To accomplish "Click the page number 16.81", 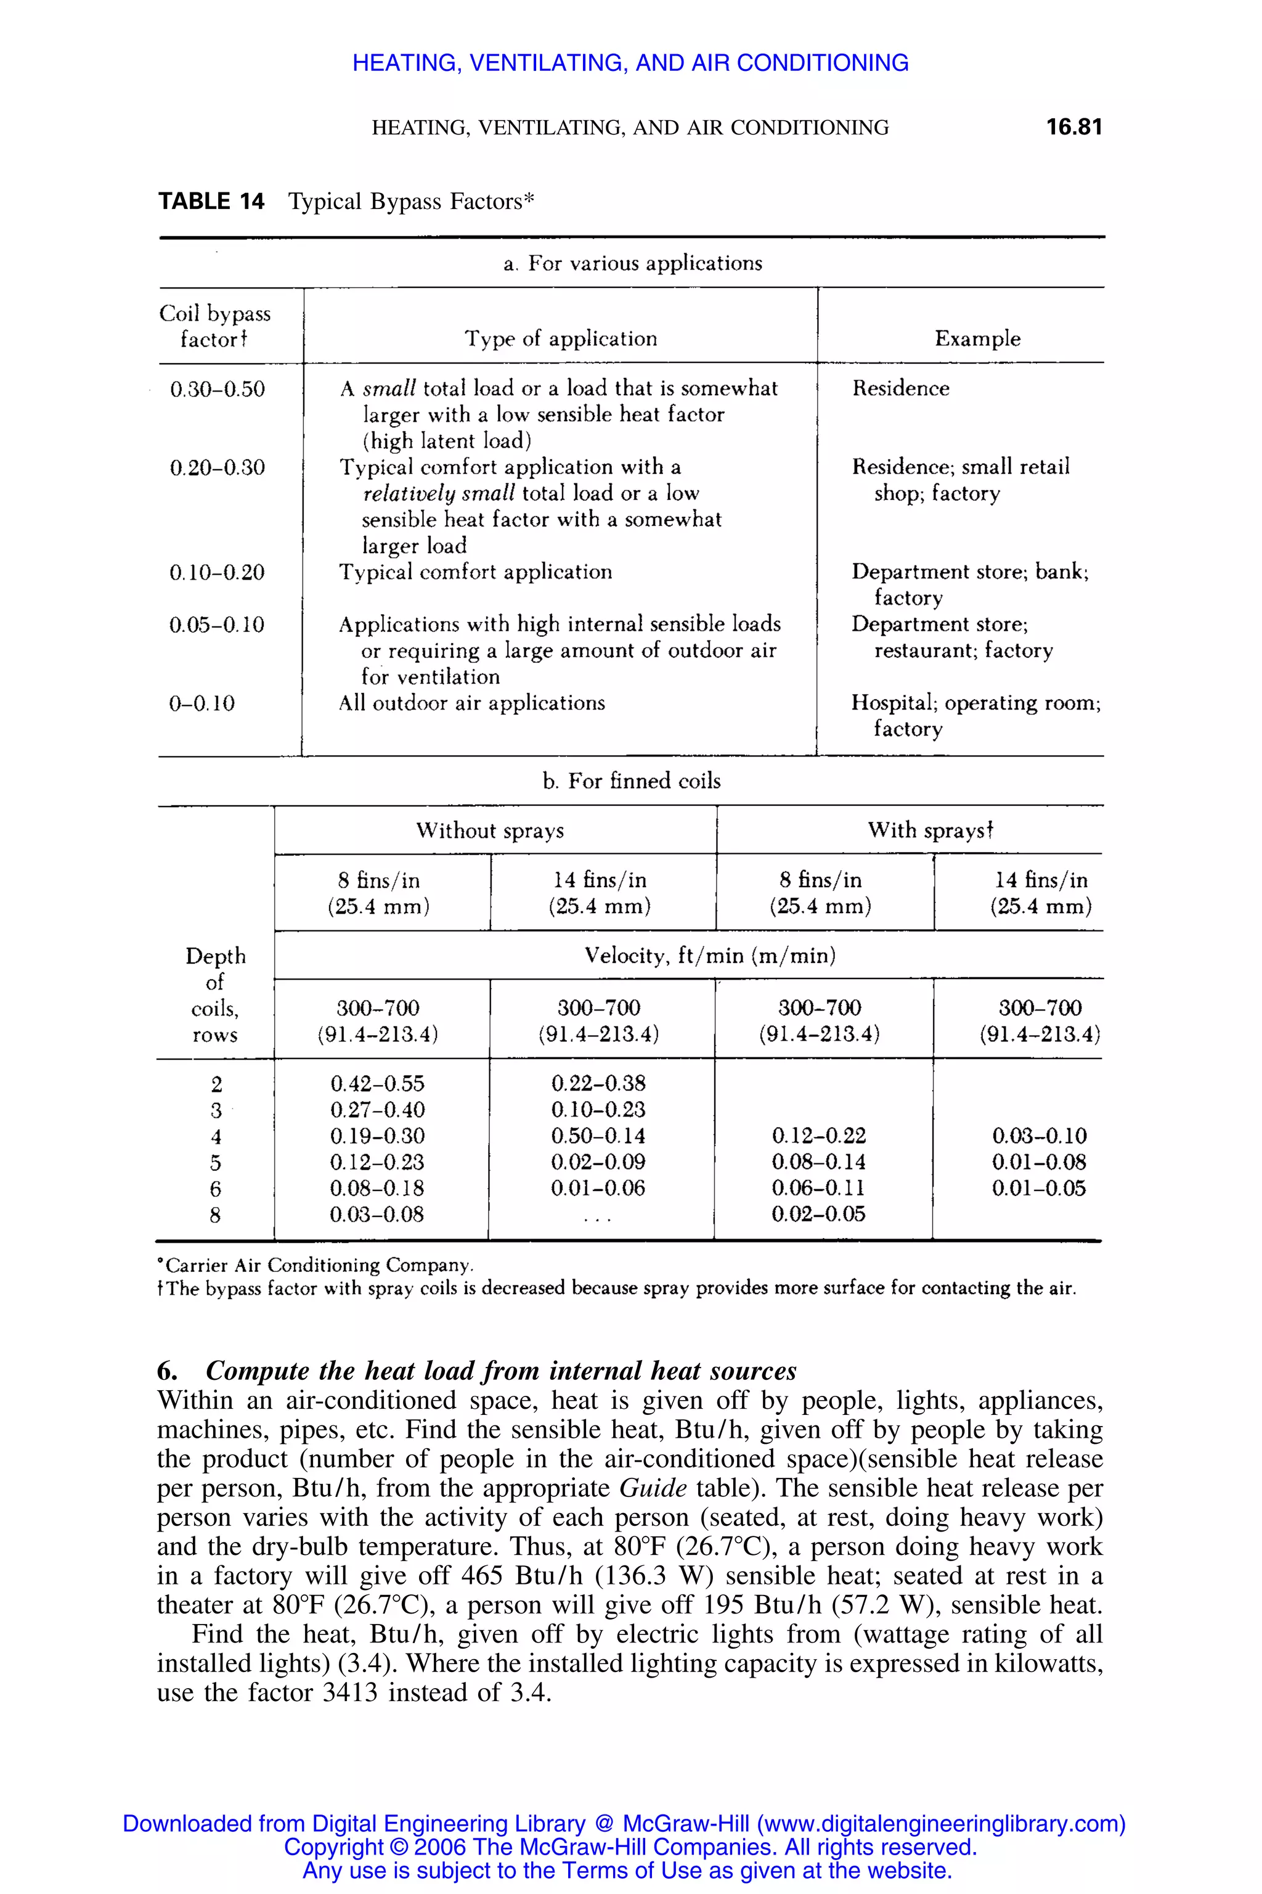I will point(1073,127).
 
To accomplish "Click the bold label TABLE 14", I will point(211,202).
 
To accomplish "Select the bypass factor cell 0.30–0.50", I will point(218,390).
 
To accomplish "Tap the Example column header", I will point(977,338).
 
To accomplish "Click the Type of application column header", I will point(561,338).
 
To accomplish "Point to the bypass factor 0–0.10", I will point(202,704).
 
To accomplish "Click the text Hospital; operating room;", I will point(975,703).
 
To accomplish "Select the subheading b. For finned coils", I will point(631,781).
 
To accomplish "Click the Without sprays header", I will point(489,830).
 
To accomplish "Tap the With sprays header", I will point(930,830).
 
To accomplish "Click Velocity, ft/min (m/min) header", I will point(710,956).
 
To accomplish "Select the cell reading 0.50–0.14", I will point(598,1136).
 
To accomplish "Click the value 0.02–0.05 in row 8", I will point(818,1215).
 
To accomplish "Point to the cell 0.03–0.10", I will point(1039,1136).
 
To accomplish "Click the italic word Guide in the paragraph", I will point(653,1488).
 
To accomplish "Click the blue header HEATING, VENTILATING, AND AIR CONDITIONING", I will point(630,63).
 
